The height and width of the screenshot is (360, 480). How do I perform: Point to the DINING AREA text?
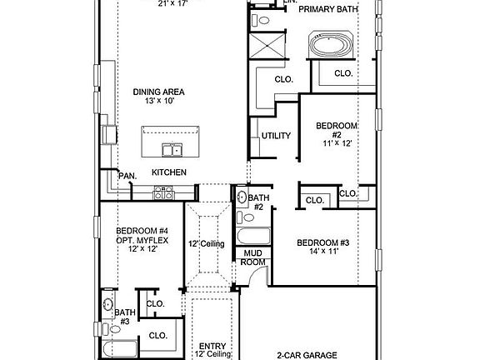[x=158, y=92]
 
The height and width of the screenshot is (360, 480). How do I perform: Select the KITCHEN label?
[x=168, y=172]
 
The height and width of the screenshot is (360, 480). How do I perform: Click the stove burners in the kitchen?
[x=163, y=192]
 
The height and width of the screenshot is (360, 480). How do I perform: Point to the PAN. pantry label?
[x=127, y=176]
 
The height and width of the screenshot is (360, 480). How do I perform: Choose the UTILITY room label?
[x=275, y=136]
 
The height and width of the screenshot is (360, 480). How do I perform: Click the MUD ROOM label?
[x=252, y=257]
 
